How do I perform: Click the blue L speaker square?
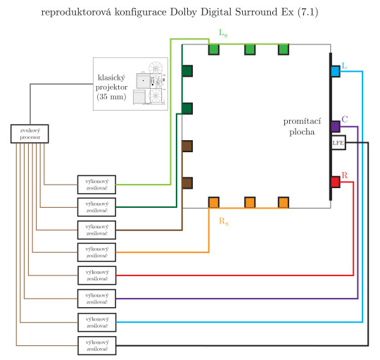pos(336,71)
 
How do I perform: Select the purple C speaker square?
pos(336,127)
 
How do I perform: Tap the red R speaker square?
pos(336,182)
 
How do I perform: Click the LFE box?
pos(338,143)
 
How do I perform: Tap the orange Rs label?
pos(224,221)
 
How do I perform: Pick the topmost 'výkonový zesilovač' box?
pos(96,183)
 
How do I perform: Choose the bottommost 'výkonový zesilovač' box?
pos(96,345)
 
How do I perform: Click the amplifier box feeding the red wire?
pos(96,275)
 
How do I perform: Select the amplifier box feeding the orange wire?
pos(96,252)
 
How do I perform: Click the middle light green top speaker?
pos(249,49)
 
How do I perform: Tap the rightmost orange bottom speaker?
pos(284,202)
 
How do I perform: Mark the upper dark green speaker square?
pos(187,71)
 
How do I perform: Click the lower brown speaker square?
pos(187,182)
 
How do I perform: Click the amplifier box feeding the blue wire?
pos(96,322)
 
